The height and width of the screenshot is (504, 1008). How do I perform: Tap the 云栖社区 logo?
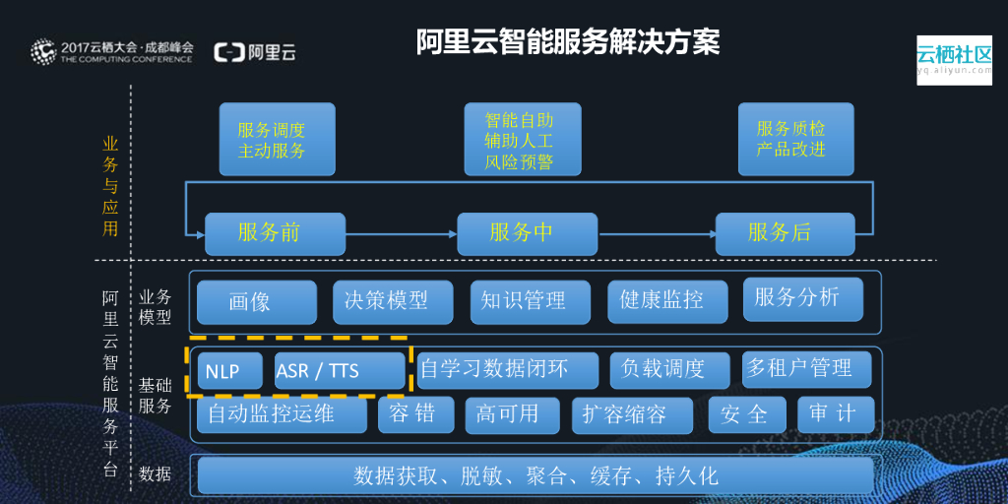[954, 59]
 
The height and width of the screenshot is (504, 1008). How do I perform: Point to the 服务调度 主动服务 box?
[277, 140]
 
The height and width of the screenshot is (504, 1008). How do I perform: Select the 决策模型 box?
[393, 302]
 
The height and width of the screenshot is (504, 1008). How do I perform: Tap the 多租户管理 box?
[807, 369]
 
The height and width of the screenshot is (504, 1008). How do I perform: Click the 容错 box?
[415, 414]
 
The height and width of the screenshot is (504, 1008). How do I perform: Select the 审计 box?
[835, 414]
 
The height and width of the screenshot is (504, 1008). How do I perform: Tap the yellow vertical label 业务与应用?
[110, 186]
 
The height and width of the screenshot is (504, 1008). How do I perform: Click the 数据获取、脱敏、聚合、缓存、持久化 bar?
[535, 475]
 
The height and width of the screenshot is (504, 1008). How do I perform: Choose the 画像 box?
[256, 302]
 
